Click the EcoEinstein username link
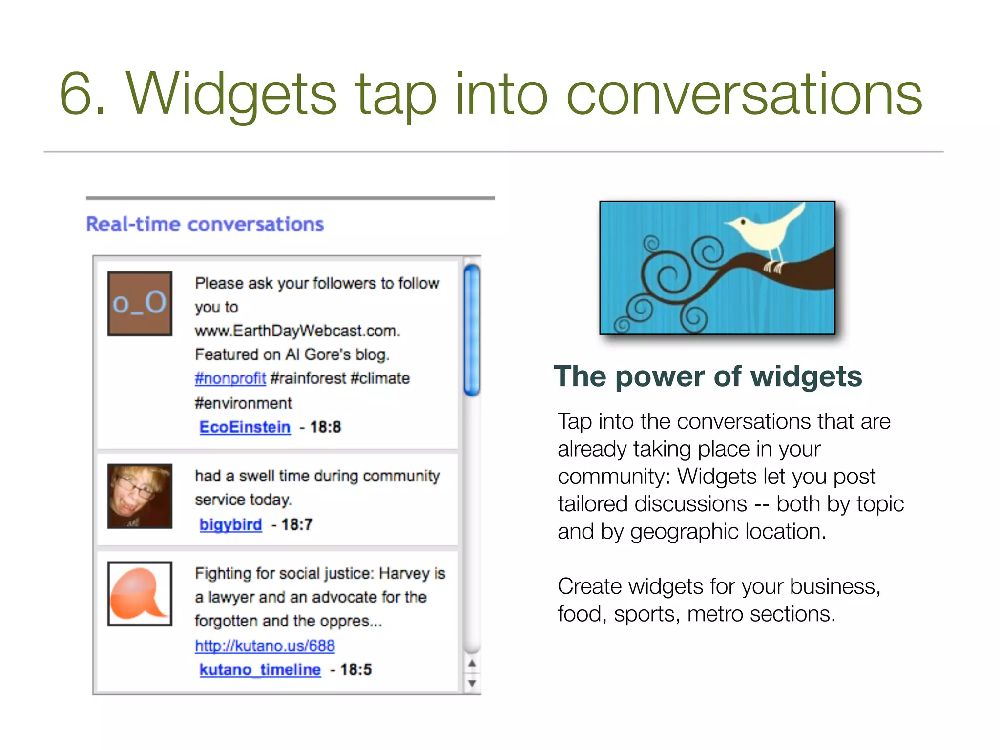[x=245, y=427]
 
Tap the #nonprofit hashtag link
[x=230, y=378]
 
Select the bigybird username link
[x=230, y=524]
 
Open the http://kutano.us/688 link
[x=265, y=646]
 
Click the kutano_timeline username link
[x=260, y=669]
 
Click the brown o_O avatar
[x=140, y=304]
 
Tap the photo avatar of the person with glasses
[x=140, y=496]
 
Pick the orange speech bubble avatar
[x=140, y=594]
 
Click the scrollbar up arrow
[x=472, y=663]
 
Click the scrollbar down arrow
[x=472, y=683]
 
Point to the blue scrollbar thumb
[x=472, y=330]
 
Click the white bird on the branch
[x=764, y=232]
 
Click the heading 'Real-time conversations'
[x=205, y=224]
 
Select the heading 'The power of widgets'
[x=708, y=376]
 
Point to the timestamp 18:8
[x=325, y=427]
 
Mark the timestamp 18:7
[x=297, y=524]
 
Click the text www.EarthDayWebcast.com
[x=297, y=331]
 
